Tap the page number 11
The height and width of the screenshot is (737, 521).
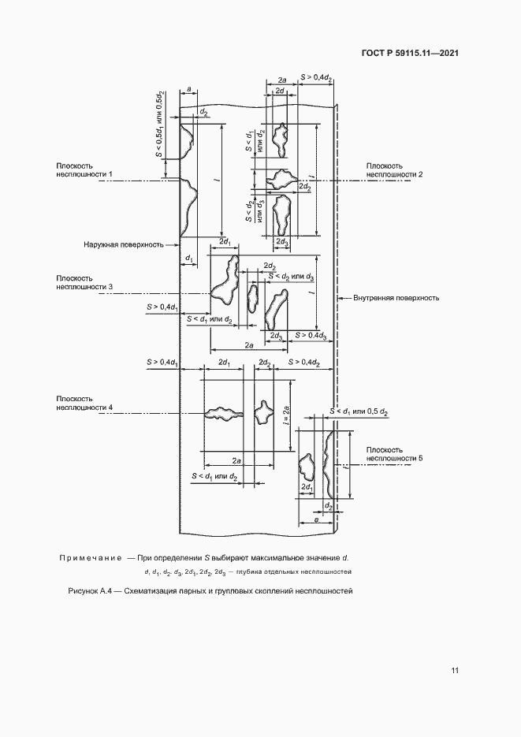(455, 670)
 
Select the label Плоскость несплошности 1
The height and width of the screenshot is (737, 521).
(84, 170)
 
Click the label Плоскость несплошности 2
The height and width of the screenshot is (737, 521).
(394, 170)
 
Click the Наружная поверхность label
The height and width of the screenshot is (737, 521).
(124, 244)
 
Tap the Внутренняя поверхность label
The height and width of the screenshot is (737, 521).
(396, 299)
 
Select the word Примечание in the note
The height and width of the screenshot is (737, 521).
(89, 558)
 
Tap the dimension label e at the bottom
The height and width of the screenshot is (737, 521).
(315, 520)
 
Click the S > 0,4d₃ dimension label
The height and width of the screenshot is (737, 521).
(311, 336)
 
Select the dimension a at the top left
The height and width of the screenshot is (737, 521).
(189, 89)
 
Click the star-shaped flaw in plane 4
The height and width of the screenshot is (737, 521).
(262, 412)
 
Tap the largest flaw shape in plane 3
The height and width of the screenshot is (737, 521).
(225, 280)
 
